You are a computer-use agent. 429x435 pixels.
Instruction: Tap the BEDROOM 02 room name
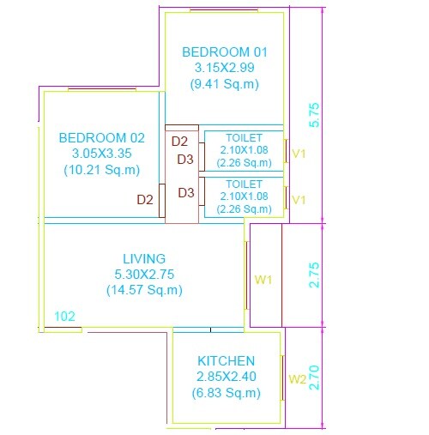click(x=101, y=136)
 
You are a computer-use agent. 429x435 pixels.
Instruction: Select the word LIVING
click(x=144, y=258)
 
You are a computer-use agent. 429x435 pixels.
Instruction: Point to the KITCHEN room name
click(x=226, y=361)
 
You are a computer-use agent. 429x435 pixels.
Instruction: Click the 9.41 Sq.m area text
click(x=224, y=84)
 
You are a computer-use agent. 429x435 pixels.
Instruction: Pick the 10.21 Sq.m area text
click(x=101, y=170)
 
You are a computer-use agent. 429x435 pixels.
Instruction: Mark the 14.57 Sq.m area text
click(x=144, y=291)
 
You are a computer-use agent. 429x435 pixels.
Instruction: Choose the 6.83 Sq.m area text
click(x=226, y=393)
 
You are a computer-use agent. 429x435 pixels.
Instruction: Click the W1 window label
click(x=263, y=280)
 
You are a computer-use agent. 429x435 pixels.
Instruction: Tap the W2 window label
click(x=297, y=378)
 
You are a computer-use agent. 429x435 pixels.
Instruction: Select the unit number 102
click(x=64, y=316)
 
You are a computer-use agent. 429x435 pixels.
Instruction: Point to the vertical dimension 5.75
click(x=314, y=115)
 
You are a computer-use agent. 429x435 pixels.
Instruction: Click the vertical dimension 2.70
click(x=314, y=378)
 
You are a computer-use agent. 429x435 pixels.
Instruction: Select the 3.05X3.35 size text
click(x=101, y=153)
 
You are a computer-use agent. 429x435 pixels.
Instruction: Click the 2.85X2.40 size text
click(x=226, y=377)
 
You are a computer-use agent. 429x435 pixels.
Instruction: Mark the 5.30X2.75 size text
click(x=144, y=275)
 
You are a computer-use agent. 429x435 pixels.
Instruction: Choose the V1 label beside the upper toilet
click(x=299, y=154)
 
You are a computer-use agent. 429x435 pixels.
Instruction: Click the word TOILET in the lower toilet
click(x=244, y=184)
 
